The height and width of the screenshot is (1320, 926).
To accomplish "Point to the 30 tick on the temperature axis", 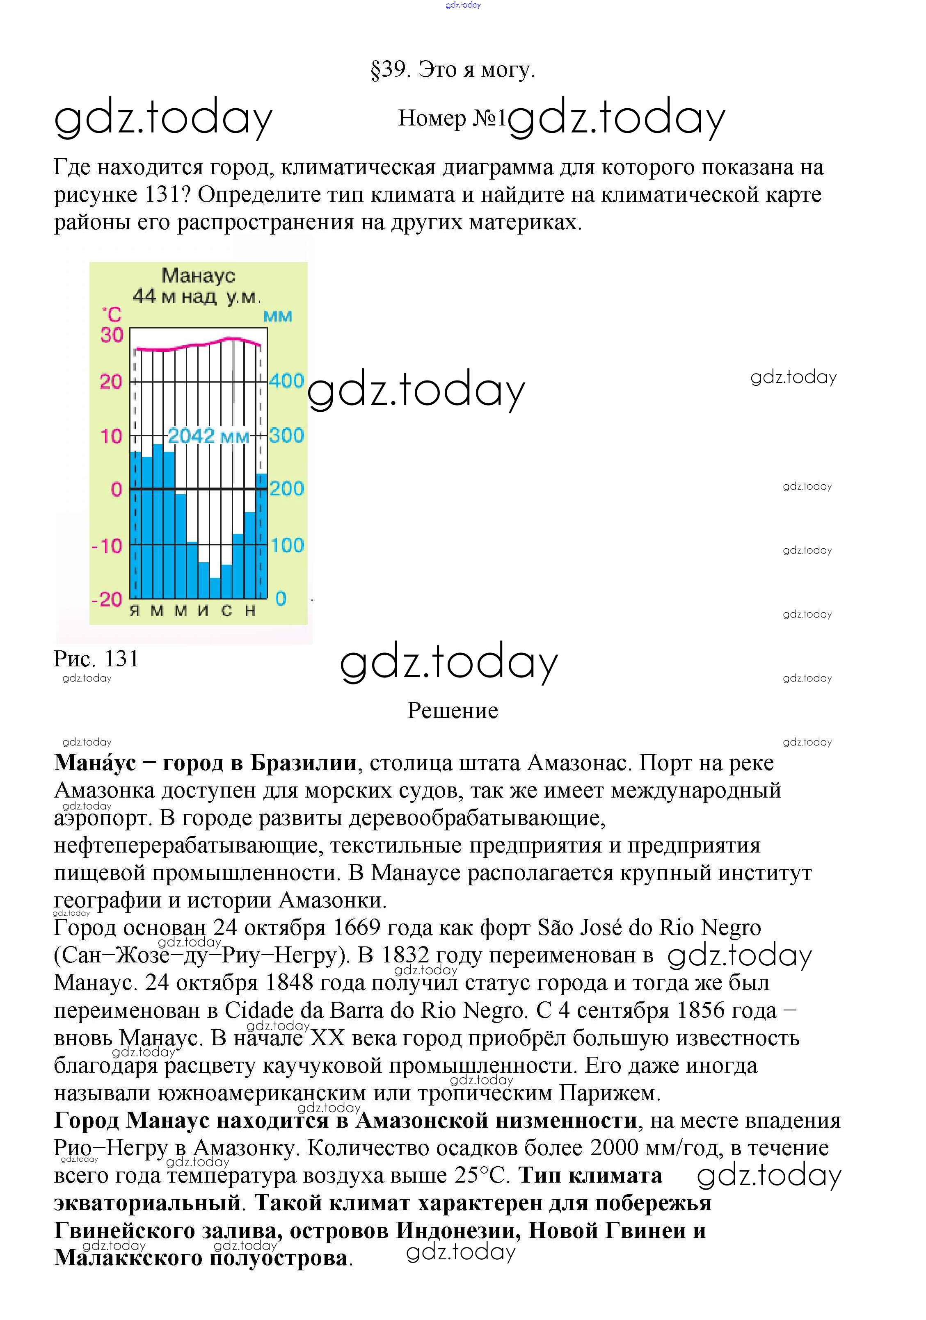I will (x=112, y=335).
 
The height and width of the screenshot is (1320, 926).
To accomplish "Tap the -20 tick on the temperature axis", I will (x=107, y=600).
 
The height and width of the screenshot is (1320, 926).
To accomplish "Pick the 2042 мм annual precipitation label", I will (x=208, y=436).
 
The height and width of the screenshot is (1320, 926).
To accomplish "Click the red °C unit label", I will (x=112, y=315).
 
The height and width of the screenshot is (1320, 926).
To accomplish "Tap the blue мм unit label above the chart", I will (x=278, y=316).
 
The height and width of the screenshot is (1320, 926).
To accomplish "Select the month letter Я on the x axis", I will (x=135, y=611).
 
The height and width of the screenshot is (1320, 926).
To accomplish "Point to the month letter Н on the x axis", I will (x=250, y=611).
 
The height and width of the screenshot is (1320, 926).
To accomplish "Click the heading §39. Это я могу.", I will (x=453, y=70).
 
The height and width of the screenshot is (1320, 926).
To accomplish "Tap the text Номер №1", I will (x=452, y=119).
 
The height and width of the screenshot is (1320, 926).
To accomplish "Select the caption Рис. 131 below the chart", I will (x=96, y=659).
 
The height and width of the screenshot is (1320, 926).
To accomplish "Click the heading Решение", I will (x=453, y=711).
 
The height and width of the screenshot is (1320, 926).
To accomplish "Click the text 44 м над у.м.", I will (x=197, y=296).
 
